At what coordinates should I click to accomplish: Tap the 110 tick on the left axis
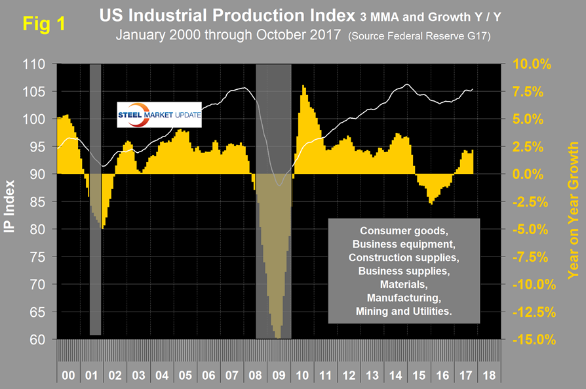click(39, 64)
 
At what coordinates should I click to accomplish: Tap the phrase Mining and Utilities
click(404, 312)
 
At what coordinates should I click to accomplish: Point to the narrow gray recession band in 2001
click(96, 197)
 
